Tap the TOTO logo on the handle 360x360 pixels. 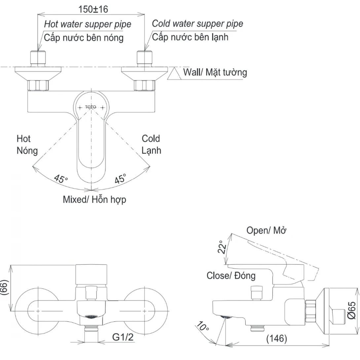(90, 107)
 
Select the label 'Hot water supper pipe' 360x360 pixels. (88, 24)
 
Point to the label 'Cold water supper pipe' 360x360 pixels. (198, 23)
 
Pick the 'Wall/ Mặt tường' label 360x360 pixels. (215, 72)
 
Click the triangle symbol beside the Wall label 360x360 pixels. (174, 74)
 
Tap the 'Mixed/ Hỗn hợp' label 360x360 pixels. (94, 199)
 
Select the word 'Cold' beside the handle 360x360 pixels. (151, 138)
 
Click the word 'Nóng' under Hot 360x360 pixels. (27, 151)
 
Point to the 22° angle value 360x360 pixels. (224, 247)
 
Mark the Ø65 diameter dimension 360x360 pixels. (351, 310)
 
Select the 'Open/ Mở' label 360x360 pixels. (266, 231)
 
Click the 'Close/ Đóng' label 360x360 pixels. (231, 275)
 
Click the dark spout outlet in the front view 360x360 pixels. (91, 317)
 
